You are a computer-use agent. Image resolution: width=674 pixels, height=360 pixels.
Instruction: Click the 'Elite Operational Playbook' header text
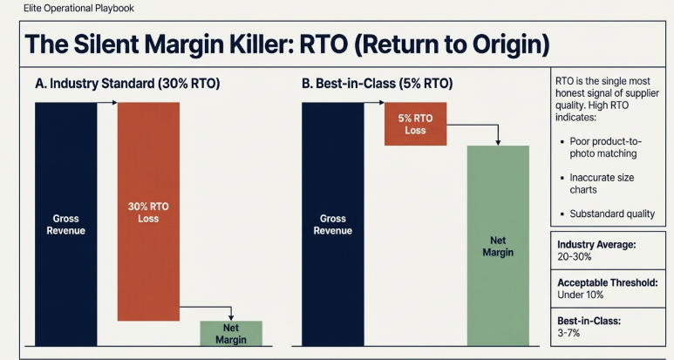click(x=78, y=9)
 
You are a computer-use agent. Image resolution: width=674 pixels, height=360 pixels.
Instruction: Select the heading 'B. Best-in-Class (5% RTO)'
click(x=377, y=85)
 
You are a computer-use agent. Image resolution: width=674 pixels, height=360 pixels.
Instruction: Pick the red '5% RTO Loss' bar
click(x=415, y=124)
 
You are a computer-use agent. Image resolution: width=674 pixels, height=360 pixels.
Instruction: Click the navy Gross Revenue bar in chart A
click(x=65, y=223)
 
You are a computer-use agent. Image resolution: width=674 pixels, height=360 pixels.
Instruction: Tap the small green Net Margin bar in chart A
click(x=231, y=334)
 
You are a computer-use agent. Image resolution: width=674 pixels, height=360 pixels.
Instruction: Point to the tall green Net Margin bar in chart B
click(x=498, y=246)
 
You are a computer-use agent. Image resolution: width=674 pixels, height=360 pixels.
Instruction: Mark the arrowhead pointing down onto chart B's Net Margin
click(x=498, y=141)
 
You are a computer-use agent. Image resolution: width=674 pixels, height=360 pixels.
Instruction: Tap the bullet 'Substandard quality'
click(x=611, y=214)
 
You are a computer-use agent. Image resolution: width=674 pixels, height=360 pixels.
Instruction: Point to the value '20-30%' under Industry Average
click(x=575, y=257)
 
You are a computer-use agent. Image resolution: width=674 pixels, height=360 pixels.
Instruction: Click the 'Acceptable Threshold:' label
click(x=607, y=282)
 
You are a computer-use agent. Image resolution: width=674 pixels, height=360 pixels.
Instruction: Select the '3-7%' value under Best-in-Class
click(x=570, y=333)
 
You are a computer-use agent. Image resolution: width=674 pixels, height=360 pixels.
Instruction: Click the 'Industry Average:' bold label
click(x=597, y=245)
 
